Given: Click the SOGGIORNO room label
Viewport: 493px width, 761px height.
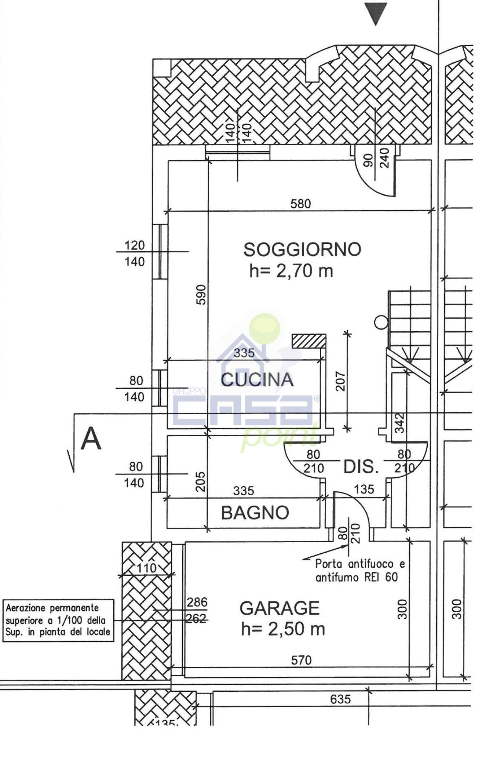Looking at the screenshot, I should (x=302, y=249).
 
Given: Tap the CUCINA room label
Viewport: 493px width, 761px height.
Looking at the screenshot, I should (x=257, y=380).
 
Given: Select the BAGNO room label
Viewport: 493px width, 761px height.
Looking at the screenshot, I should (x=255, y=513).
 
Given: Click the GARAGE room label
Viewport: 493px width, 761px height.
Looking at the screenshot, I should (x=280, y=608).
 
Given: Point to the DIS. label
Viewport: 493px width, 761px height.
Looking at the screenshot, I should (x=361, y=467).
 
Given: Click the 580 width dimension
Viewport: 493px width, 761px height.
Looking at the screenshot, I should (x=300, y=204).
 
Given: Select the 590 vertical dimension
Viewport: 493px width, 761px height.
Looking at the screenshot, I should (x=201, y=295).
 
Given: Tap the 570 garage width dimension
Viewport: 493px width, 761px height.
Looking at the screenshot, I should (x=301, y=660).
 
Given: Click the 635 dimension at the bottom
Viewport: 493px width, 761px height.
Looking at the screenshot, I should (x=340, y=699).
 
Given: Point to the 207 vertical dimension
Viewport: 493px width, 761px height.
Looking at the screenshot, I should (x=340, y=381).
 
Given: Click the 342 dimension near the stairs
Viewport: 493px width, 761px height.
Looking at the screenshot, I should (x=400, y=423).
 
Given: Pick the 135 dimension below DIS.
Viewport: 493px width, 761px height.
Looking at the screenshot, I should (x=364, y=489).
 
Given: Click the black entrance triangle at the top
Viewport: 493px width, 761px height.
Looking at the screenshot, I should (x=375, y=13).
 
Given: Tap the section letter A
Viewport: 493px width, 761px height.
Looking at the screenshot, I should (x=91, y=439).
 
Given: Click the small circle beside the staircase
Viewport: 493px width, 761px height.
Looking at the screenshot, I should (x=381, y=323).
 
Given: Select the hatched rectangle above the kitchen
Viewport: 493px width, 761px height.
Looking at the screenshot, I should (x=309, y=341).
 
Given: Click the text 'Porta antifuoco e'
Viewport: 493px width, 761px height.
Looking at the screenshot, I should (x=360, y=563).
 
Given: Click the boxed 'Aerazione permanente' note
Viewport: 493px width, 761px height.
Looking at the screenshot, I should (x=58, y=620).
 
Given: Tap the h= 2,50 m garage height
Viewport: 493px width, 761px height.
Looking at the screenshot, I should (x=283, y=629).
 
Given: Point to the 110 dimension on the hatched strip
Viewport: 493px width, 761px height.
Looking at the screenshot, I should (x=147, y=568).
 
